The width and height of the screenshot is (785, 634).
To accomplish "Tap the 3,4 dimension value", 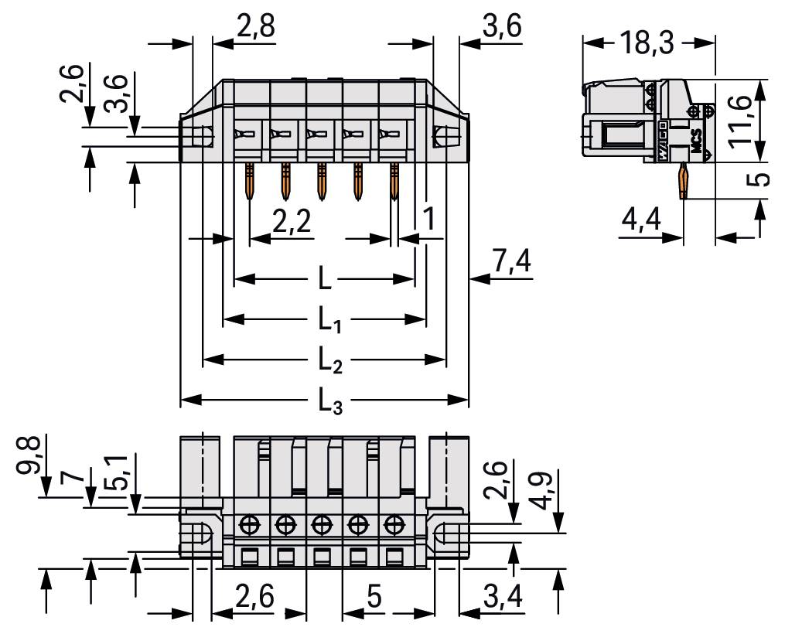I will (x=502, y=597).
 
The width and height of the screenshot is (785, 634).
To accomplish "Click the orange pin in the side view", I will (x=683, y=182).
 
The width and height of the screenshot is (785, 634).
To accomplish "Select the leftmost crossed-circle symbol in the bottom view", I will (x=249, y=524).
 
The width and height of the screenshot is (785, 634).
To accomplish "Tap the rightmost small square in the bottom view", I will (x=394, y=555).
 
